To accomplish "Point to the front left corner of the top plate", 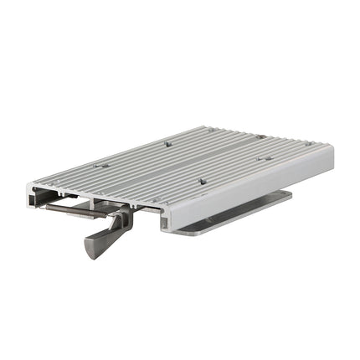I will click(x=29, y=186).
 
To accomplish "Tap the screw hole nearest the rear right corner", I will click(x=307, y=143).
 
